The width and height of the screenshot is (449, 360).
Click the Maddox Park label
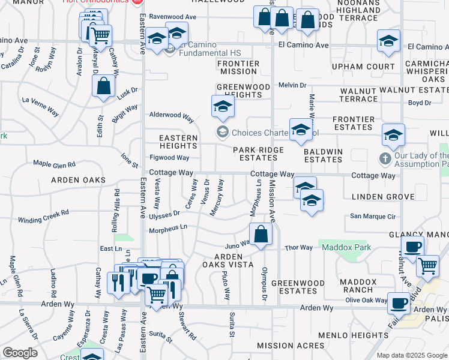coord(346,247)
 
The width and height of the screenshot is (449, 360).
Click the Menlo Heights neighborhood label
coord(354,335)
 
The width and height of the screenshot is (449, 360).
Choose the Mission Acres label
coord(282,346)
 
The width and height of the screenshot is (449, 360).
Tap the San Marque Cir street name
coord(373,217)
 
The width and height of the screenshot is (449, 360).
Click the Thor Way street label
coord(298,247)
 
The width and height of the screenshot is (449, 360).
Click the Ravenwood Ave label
coord(173,17)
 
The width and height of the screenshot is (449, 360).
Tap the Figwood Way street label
coord(169,158)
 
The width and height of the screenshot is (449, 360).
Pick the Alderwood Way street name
coord(172,115)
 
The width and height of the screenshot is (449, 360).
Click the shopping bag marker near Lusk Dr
coord(104,86)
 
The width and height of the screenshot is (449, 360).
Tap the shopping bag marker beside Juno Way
coord(261,235)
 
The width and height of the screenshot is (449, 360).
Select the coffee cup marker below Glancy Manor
coord(412,247)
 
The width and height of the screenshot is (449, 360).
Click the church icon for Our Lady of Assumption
coord(385,159)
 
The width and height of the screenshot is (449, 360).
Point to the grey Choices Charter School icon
coord(222,131)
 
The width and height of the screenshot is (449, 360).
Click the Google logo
coord(20,353)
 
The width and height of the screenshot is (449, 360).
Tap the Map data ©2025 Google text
coord(412,355)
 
